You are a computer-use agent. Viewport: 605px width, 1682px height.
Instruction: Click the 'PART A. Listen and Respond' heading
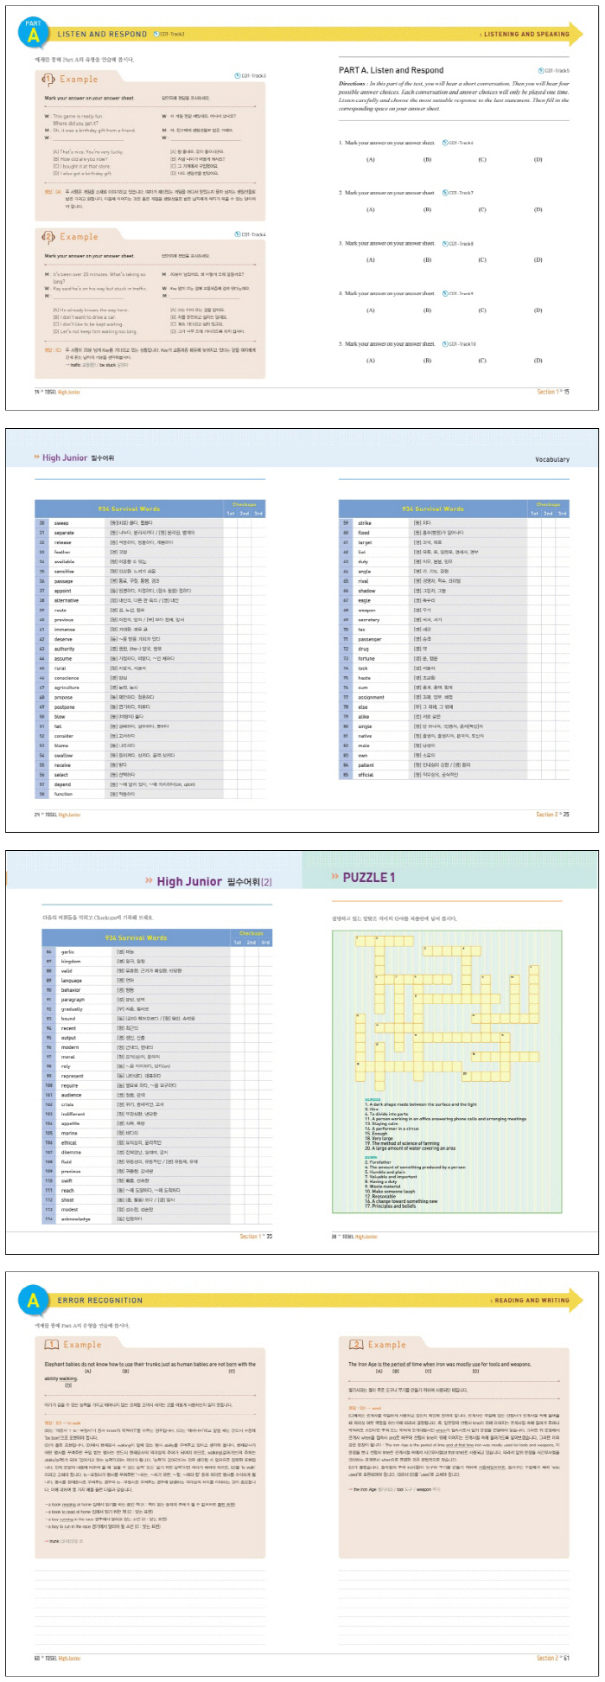point(391,70)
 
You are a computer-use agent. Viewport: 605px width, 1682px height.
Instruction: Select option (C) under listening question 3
point(482,259)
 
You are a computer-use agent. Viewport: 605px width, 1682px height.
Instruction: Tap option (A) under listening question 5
point(371,361)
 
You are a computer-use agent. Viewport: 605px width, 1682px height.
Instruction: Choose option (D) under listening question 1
point(538,159)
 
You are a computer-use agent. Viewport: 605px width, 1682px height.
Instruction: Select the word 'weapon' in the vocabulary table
point(366,610)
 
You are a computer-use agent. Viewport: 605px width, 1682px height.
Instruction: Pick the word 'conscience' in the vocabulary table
point(66,678)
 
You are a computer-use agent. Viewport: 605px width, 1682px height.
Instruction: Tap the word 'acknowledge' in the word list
point(75,1219)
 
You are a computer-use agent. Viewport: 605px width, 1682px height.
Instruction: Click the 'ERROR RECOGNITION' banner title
point(100,1301)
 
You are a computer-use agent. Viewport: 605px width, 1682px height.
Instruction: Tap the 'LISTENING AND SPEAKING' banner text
point(526,35)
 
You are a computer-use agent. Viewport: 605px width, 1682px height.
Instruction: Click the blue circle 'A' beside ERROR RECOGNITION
point(33,1300)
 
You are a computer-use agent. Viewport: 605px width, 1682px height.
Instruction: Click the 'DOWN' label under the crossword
point(371,1157)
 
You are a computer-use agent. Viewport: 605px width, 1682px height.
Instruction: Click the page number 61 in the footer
point(565,1659)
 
